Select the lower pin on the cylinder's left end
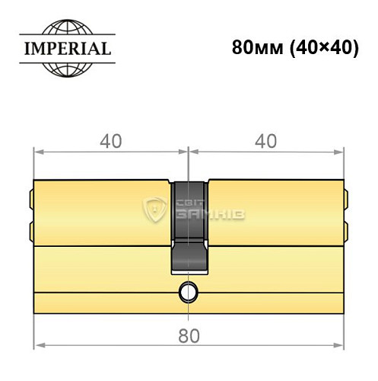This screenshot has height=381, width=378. (x=31, y=229)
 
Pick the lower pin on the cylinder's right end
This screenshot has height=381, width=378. (x=345, y=229)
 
